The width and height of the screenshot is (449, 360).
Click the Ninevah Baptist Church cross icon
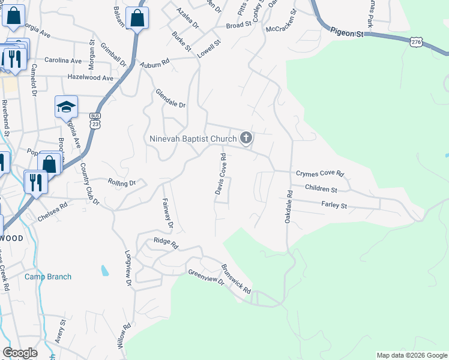coord(245,139)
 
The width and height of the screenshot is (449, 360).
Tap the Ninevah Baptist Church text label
coord(193,139)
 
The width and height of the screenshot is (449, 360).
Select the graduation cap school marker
coord(66,107)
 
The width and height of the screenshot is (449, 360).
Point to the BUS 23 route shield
coord(95,120)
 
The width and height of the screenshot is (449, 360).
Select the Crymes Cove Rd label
coord(320,174)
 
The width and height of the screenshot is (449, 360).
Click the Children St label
coord(321,188)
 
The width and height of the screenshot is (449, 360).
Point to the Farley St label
coord(335,206)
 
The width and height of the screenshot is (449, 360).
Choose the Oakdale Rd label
coord(289,207)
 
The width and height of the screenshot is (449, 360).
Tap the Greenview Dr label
coord(206,278)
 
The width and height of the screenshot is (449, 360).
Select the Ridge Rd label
coord(166,243)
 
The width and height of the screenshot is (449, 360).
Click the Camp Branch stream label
coord(48,277)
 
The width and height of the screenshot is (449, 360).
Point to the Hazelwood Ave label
coord(90,78)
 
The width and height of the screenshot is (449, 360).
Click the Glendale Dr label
coord(171,99)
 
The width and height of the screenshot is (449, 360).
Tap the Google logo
coord(20,353)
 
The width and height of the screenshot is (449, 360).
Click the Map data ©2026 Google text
coord(411,355)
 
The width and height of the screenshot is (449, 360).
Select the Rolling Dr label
coord(122,182)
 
